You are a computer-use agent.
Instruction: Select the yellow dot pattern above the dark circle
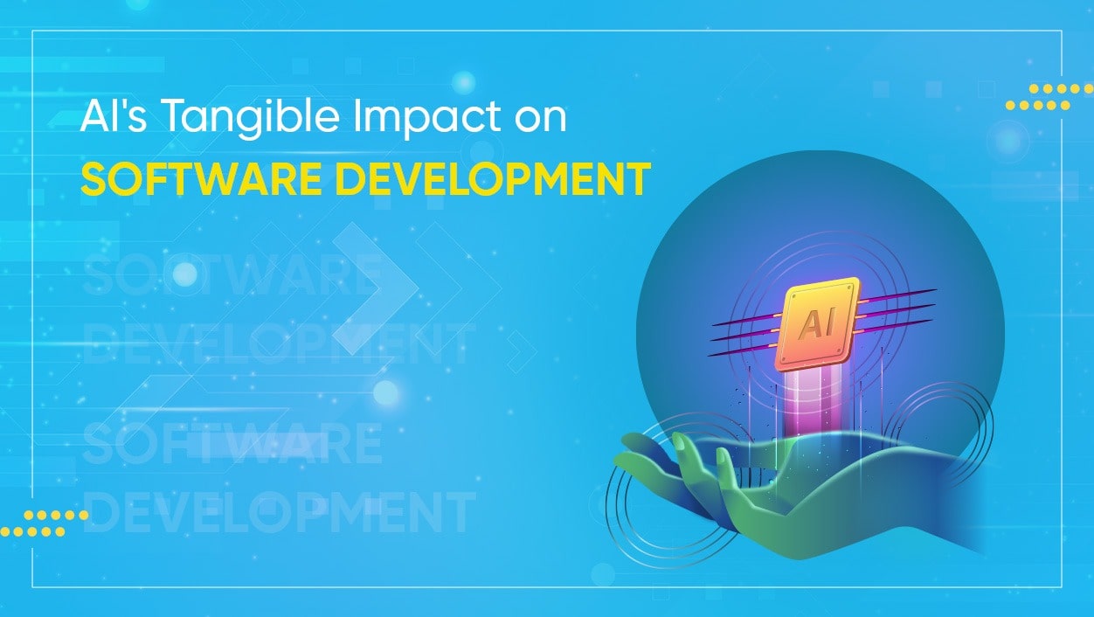(1048, 97)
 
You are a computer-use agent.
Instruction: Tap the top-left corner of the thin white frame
(33, 31)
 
